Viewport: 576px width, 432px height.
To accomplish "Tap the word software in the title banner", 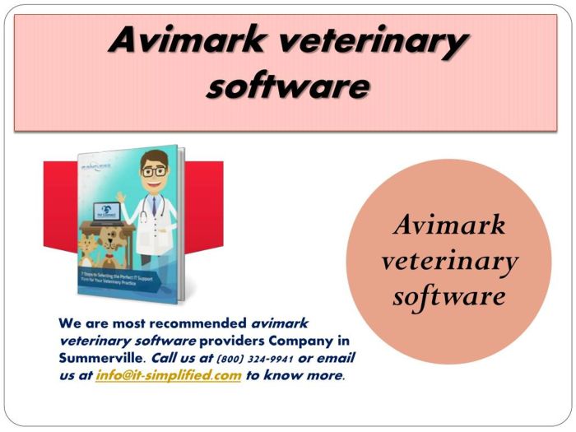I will coord(286,86).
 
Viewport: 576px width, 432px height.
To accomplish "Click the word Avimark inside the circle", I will coord(449,225).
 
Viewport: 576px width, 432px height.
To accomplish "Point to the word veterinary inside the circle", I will coord(449,261).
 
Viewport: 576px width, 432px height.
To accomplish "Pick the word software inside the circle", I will coord(449,295).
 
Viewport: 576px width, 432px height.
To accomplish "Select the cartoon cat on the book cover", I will coord(87,248).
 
